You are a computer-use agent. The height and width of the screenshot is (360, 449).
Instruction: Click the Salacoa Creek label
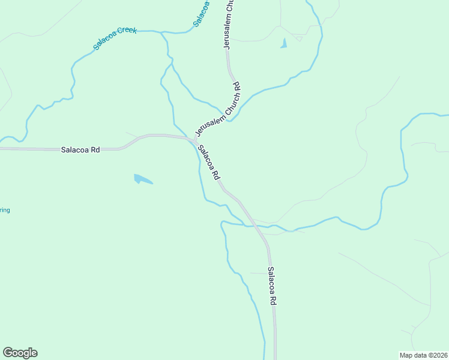pos(115,38)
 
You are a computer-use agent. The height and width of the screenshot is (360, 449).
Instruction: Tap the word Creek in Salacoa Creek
pos(127,32)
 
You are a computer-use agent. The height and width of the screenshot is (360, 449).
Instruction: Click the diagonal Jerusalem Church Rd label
pos(217,109)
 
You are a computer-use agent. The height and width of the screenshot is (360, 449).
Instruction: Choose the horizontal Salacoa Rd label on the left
pos(80,150)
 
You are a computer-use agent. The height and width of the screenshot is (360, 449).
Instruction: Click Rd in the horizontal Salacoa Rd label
pos(95,150)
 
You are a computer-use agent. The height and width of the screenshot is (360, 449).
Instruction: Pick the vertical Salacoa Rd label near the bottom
pos(272,286)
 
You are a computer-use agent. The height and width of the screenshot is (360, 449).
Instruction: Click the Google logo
pos(20,353)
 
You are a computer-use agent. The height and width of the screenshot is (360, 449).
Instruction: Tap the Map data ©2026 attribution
pos(423,355)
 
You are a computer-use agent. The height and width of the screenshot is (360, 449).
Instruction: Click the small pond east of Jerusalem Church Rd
pos(283,43)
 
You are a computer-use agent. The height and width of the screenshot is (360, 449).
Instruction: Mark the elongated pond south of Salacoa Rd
pos(142,179)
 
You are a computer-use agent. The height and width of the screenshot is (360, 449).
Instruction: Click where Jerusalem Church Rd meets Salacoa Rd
pos(194,140)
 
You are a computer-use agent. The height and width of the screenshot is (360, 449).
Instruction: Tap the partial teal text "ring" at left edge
pos(5,210)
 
